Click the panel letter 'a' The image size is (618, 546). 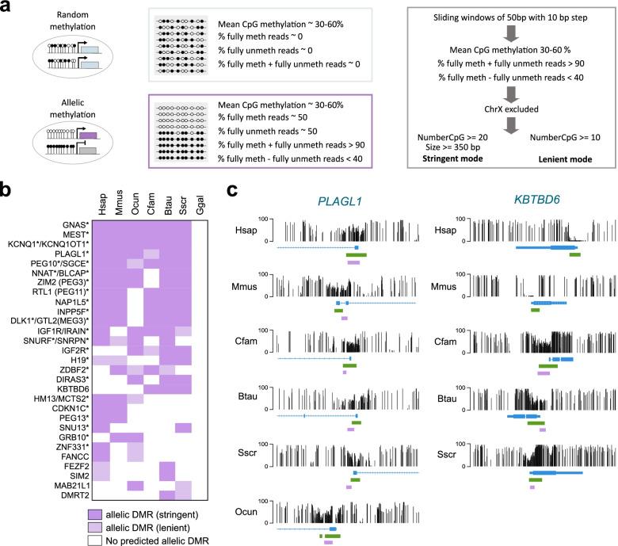[6, 7]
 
